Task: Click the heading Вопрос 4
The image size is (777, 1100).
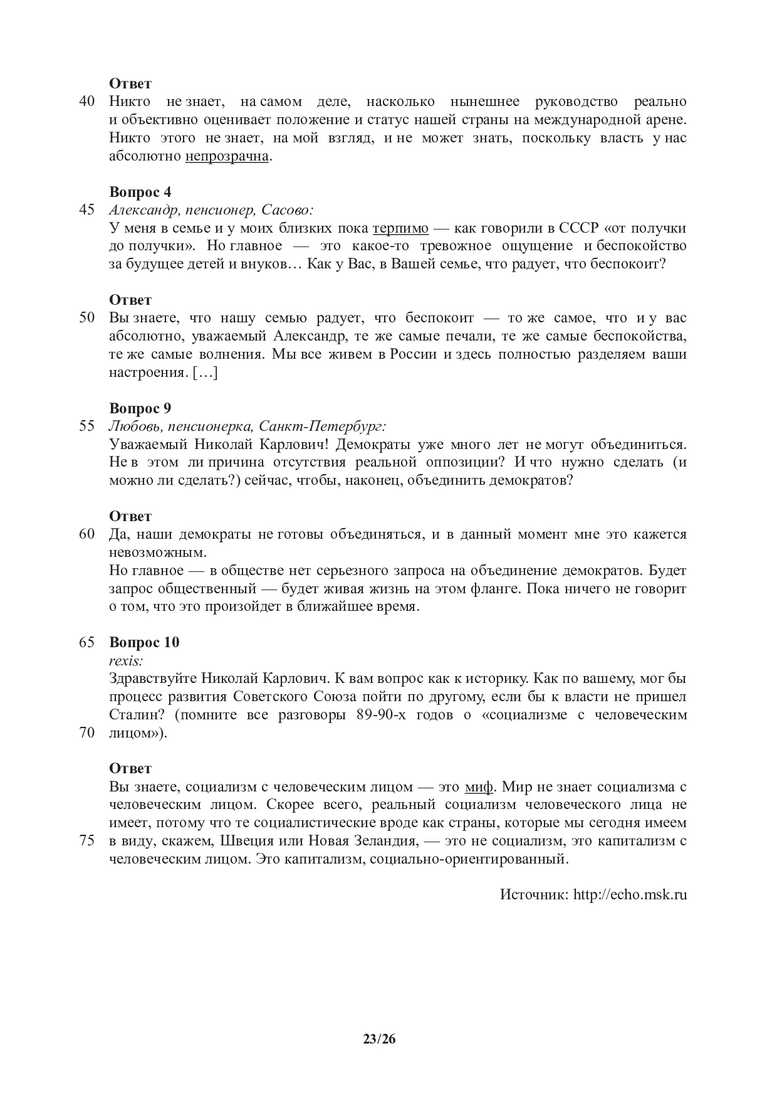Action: click(140, 192)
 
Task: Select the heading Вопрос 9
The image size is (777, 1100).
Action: click(140, 409)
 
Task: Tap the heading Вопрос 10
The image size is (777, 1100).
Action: click(144, 642)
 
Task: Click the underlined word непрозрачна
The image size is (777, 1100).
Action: click(227, 156)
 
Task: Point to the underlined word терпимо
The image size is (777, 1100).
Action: click(400, 228)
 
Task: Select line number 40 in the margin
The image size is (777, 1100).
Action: click(87, 102)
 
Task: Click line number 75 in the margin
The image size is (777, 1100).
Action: click(87, 841)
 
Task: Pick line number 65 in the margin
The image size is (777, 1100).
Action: click(87, 642)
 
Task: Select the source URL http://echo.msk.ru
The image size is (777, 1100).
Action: click(630, 894)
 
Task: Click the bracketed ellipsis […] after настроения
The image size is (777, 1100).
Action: click(205, 373)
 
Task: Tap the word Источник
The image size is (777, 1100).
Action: click(533, 894)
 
